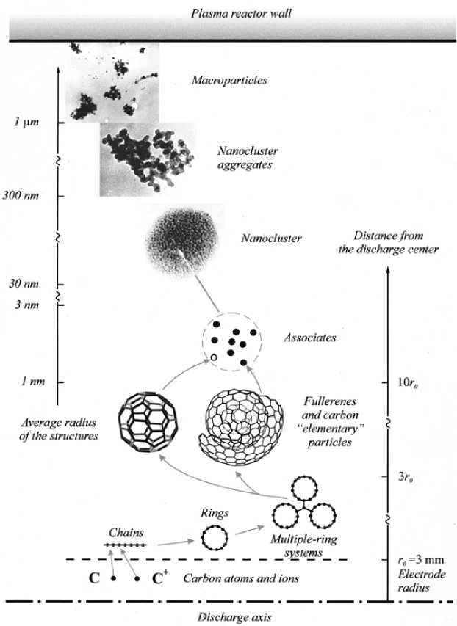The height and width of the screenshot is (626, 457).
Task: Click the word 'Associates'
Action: point(309,338)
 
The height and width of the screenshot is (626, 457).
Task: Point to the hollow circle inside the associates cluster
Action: point(213,357)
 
